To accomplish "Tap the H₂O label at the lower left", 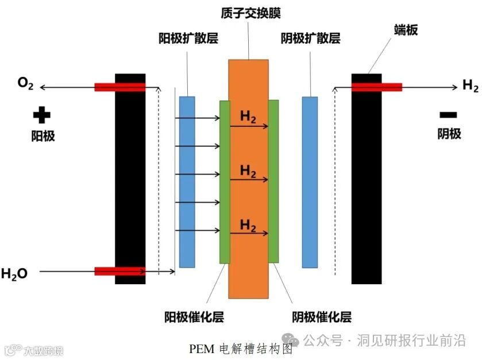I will point(14,274).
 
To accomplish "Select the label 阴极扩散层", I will point(310,38).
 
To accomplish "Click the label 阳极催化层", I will point(194,317).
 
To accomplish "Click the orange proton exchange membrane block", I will point(248,276).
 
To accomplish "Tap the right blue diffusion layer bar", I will point(310,181).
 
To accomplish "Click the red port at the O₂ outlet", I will point(119,87).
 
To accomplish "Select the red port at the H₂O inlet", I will point(119,271).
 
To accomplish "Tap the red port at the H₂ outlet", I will point(376,87).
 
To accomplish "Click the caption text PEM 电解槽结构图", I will point(241,349).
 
